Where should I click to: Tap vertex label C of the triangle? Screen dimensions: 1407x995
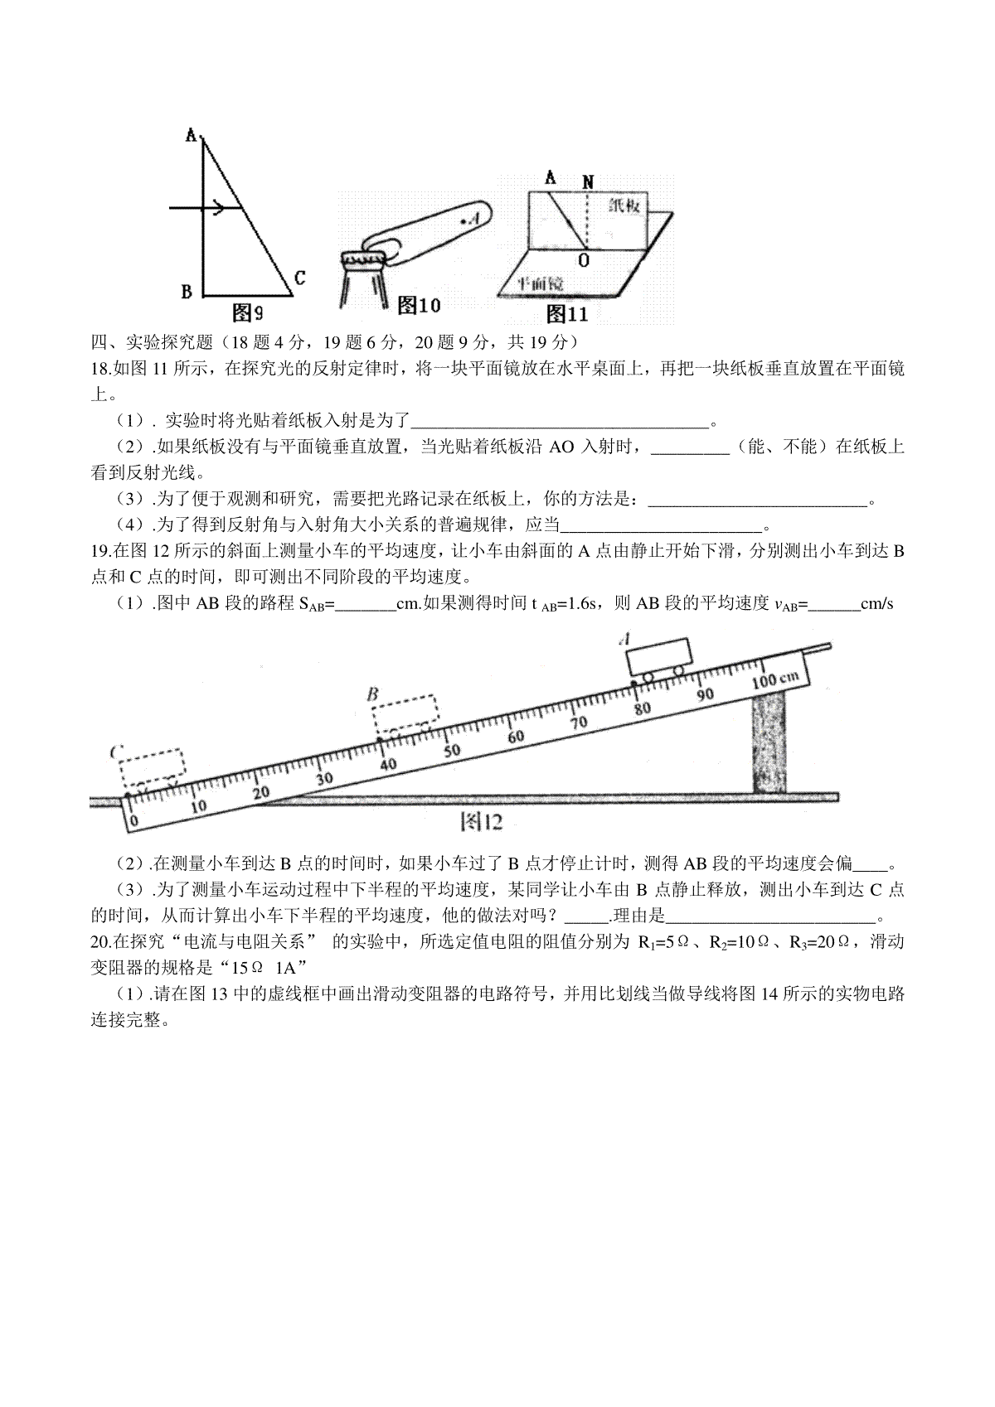click(x=299, y=278)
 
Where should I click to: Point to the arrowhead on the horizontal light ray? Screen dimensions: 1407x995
click(x=219, y=209)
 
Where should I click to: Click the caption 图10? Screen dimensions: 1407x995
click(x=419, y=306)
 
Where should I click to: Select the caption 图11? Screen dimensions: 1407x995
click(x=567, y=313)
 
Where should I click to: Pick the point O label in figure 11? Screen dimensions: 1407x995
click(x=585, y=259)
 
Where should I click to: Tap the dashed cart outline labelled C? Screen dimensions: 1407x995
click(x=153, y=769)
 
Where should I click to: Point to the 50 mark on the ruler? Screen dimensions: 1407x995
click(x=452, y=751)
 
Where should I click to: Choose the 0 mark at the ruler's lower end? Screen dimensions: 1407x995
click(x=136, y=820)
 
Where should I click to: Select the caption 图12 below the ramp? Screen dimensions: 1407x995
click(x=481, y=821)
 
